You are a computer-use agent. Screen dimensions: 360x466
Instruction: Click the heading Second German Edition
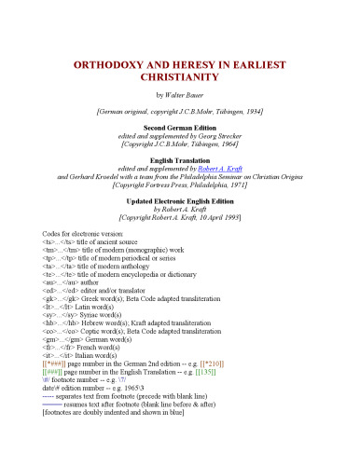pos(181,125)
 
